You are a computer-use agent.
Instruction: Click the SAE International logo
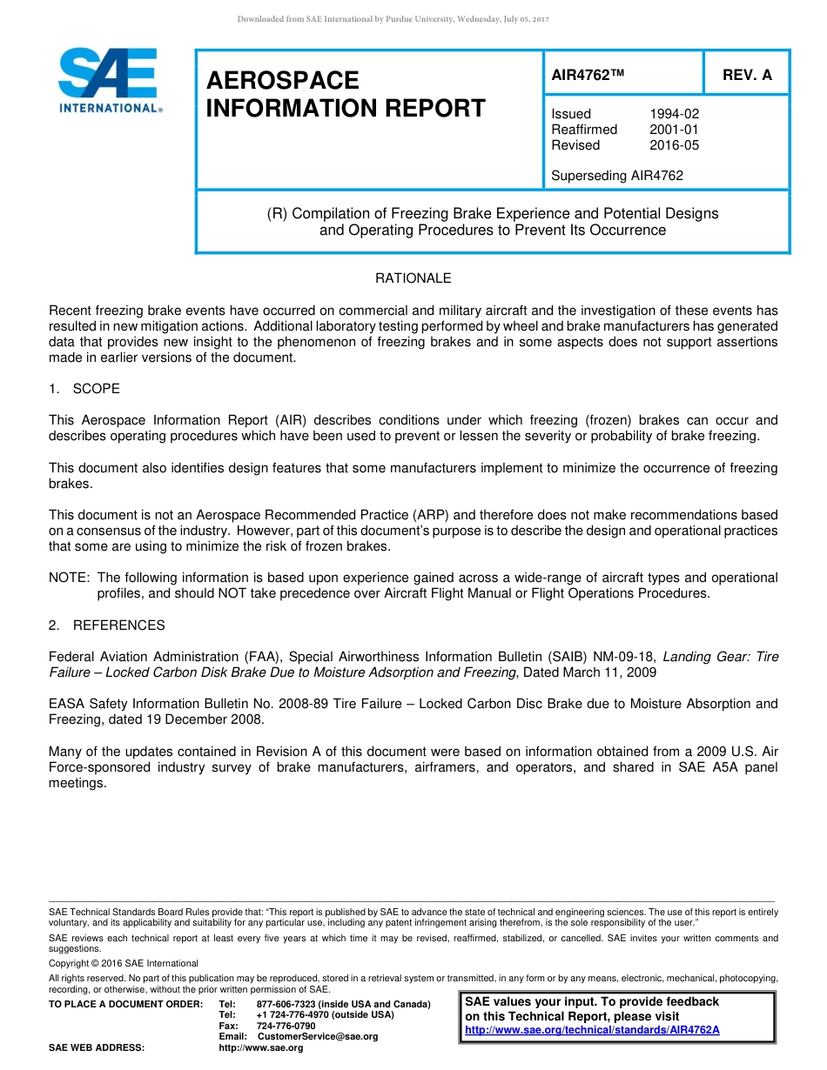109,81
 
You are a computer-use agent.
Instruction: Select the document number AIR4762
588,75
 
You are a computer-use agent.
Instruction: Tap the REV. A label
747,75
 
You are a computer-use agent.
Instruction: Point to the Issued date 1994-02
674,114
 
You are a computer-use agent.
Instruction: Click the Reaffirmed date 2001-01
674,130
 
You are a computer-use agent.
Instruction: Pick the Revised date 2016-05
674,145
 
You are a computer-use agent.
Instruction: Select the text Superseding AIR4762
617,176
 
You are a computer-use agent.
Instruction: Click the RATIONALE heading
413,278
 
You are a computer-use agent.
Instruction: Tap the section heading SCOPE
96,389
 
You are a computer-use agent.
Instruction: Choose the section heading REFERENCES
118,625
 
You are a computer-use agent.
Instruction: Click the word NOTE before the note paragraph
69,578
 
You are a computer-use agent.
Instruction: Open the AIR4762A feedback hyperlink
592,1030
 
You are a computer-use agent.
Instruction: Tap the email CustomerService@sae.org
318,1037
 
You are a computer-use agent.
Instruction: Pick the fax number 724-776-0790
286,1027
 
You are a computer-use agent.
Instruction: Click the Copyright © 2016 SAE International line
124,964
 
